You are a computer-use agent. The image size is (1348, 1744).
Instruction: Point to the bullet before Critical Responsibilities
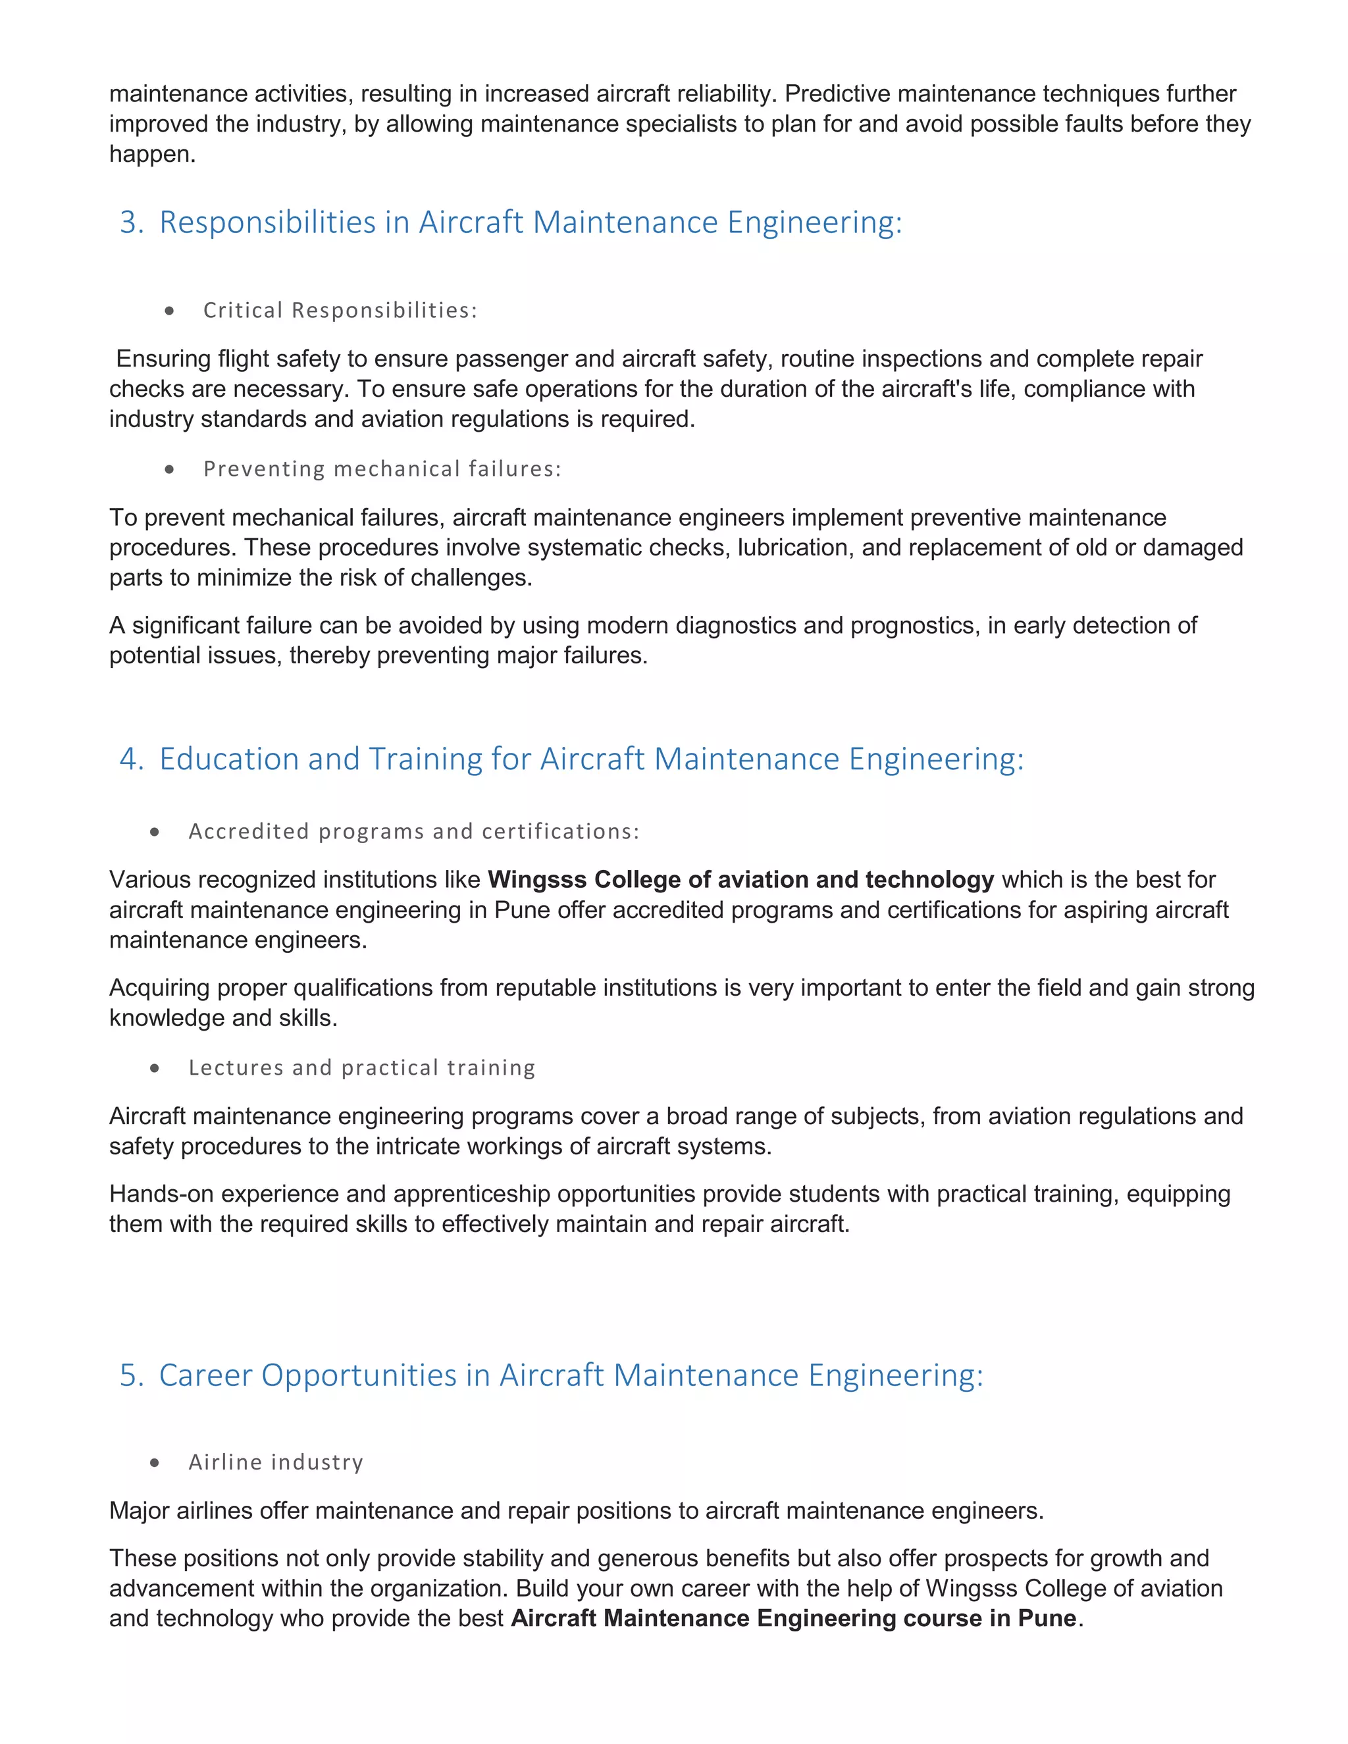coord(169,311)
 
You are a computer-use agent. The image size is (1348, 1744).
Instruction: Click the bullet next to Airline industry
coord(155,1462)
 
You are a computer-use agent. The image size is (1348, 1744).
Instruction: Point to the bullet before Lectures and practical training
coord(155,1068)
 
